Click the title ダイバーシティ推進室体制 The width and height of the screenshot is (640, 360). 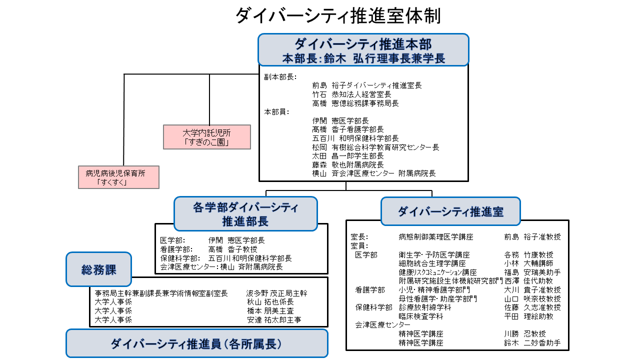[338, 15]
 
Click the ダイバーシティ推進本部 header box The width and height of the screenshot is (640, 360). [363, 50]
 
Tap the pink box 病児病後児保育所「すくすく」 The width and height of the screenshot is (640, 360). [118, 177]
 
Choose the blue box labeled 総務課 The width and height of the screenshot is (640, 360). [98, 269]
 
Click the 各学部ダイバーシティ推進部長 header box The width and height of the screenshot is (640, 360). [245, 213]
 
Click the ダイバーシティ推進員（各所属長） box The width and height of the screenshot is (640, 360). [196, 343]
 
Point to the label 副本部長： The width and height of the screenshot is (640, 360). [280, 77]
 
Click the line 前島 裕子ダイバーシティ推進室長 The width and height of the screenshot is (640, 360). [367, 85]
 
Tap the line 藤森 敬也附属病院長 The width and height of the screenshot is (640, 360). [348, 164]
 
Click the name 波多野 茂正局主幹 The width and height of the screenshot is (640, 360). [276, 293]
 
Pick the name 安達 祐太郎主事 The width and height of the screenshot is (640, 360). [274, 319]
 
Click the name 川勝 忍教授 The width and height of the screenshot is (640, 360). [525, 333]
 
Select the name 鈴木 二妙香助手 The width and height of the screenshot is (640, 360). [532, 343]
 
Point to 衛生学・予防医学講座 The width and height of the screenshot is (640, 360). [434, 254]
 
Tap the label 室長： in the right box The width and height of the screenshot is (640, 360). [359, 236]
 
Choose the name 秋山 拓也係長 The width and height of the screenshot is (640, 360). [270, 302]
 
